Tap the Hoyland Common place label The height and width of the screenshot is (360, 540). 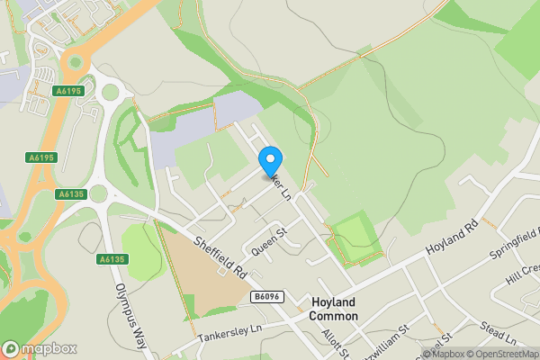334,309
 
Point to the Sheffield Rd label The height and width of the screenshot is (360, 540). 220,256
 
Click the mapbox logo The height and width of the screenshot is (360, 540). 40,348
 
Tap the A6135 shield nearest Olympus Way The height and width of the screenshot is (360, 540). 111,259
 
